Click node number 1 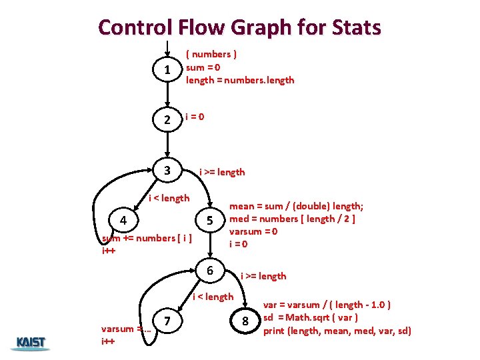pos(169,69)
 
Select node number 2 pos(169,120)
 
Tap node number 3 pos(169,170)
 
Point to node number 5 pos(209,221)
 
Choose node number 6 pos(209,271)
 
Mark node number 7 pos(169,321)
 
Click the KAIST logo pos(30,343)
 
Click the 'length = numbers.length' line pos(240,80)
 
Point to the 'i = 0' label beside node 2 pos(195,117)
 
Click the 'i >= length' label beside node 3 pos(222,172)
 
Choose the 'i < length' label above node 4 pos(169,197)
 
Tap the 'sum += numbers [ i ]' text pos(145,238)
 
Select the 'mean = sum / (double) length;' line pos(301,207)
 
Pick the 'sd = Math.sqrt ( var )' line pos(311,317)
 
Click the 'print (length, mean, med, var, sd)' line pos(337,331)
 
